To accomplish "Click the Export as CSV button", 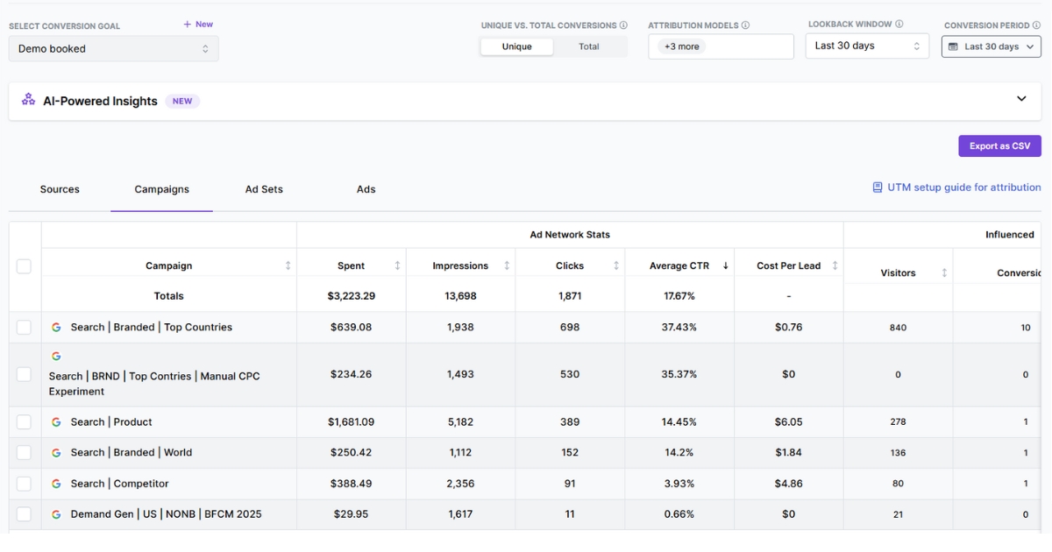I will pyautogui.click(x=999, y=146).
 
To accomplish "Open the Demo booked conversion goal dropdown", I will pyautogui.click(x=113, y=49).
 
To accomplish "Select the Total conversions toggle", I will pyautogui.click(x=589, y=47).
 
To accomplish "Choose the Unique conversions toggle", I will pyautogui.click(x=516, y=47).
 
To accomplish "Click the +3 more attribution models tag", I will pyautogui.click(x=681, y=47).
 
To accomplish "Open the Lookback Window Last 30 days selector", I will pyautogui.click(x=866, y=46).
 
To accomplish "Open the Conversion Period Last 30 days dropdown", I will pyautogui.click(x=991, y=47).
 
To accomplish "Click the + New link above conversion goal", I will pyautogui.click(x=198, y=25).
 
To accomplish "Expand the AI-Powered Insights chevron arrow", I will pyautogui.click(x=1021, y=99).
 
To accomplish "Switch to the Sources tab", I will pyautogui.click(x=60, y=189).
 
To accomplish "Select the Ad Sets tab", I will pyautogui.click(x=264, y=189).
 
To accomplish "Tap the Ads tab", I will pyautogui.click(x=366, y=189).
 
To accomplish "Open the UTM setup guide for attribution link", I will pyautogui.click(x=956, y=188).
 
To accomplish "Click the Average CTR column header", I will pyautogui.click(x=679, y=265).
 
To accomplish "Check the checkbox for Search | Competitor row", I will pyautogui.click(x=24, y=484).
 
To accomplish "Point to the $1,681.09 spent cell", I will pyautogui.click(x=351, y=422).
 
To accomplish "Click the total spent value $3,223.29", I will pyautogui.click(x=351, y=296).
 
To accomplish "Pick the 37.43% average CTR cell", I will pyautogui.click(x=679, y=328).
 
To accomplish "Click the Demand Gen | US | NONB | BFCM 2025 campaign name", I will pyautogui.click(x=166, y=514).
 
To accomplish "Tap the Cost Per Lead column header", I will pyautogui.click(x=788, y=265).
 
